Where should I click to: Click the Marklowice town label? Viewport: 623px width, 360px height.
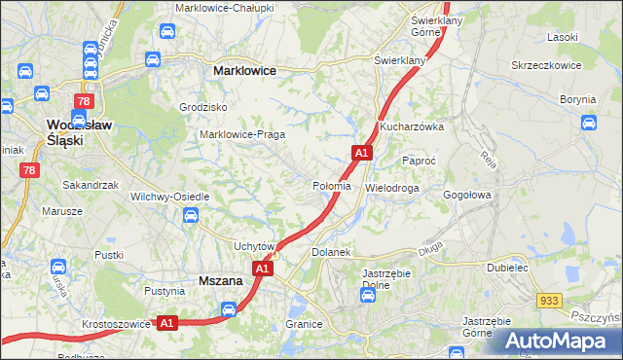pos(244,71)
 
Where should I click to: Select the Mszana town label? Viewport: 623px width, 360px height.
pos(220,280)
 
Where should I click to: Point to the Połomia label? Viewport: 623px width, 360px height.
pos(330,186)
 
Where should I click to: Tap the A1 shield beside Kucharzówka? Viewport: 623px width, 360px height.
pos(361,153)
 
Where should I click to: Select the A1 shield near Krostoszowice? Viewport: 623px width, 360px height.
pos(166,323)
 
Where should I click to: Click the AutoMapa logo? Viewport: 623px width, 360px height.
pos(556,341)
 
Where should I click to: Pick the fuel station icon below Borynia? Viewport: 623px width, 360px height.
pos(589,123)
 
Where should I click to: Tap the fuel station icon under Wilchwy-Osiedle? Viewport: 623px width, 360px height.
pos(191,215)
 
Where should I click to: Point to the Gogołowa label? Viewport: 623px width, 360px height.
pos(469,195)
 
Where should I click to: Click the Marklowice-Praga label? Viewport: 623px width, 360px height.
pos(241,134)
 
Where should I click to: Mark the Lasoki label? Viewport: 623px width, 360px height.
pos(563,37)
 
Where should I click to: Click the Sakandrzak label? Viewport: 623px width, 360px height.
pos(91,184)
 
